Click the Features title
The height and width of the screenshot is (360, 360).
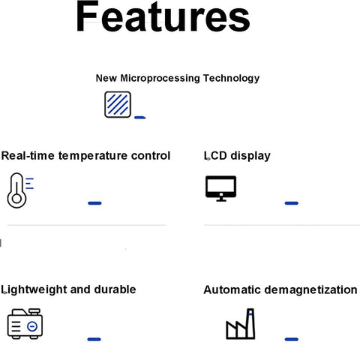point(163,16)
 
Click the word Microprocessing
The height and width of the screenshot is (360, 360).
point(160,79)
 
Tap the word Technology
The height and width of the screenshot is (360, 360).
point(231,79)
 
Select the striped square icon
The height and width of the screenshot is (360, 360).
point(118,104)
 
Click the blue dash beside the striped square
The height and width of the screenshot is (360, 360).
point(140,117)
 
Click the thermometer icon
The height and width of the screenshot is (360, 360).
point(20,190)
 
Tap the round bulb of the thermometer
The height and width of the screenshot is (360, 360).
point(16,199)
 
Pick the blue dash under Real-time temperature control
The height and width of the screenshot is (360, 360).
point(94,203)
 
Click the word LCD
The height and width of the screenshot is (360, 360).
point(215,156)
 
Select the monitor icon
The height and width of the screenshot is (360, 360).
point(220,188)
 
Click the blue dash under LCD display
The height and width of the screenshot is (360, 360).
point(292,203)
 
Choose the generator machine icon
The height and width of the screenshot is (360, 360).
point(25,324)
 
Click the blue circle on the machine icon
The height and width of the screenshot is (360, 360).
point(32,326)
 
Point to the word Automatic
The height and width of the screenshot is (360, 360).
point(232,290)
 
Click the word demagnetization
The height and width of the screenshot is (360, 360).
point(310,290)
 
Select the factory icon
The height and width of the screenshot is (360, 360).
point(241,324)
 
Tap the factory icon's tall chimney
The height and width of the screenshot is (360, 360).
point(250,323)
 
